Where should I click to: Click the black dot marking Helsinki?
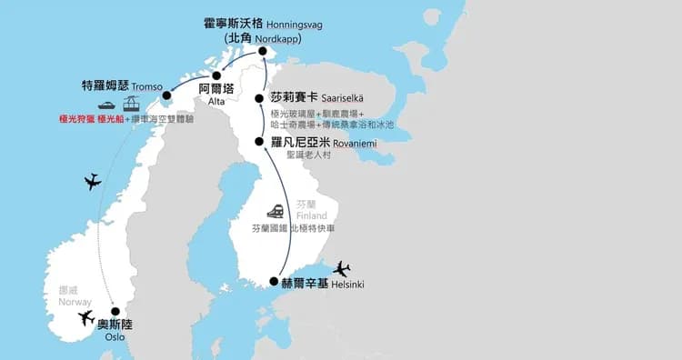point(275,282)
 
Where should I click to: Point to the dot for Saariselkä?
point(260,98)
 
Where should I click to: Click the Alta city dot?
point(216,75)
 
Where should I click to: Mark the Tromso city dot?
point(167,95)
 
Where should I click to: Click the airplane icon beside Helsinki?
point(341,269)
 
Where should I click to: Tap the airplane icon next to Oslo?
point(86,318)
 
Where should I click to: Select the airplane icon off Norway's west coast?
point(91,182)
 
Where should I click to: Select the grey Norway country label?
point(75,302)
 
